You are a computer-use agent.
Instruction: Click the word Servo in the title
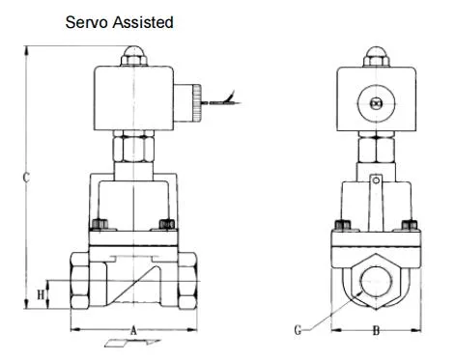pos(86,22)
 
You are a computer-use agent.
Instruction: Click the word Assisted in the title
pos(142,22)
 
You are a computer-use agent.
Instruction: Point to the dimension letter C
pos(27,177)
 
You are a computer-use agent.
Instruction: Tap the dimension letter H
pos(41,292)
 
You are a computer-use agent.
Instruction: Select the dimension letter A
pos(134,329)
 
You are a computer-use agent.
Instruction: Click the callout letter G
pos(299,329)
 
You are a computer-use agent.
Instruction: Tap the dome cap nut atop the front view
pos(375,56)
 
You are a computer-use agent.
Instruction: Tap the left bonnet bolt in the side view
pos(98,227)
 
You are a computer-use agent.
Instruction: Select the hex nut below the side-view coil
pos(134,150)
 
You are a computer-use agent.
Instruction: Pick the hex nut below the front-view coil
pos(375,150)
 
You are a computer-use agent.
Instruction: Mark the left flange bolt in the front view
pos(340,228)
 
